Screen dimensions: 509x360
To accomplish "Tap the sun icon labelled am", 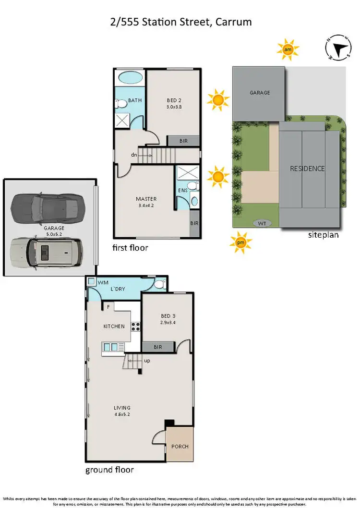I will click(x=288, y=49).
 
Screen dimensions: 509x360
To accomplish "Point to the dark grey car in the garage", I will click(x=45, y=206).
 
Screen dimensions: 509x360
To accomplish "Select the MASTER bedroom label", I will click(x=146, y=199).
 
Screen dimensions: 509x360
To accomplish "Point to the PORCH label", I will click(x=180, y=446).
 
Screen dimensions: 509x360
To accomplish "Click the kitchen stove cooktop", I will click(x=136, y=327).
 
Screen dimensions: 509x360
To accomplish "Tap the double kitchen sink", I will click(x=111, y=347).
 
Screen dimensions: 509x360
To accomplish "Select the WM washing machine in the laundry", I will click(x=91, y=281).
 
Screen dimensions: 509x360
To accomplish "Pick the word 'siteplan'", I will click(x=324, y=235).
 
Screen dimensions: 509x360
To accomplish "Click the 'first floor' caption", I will click(x=130, y=248).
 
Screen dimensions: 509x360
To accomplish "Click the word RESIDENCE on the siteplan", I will click(x=307, y=169).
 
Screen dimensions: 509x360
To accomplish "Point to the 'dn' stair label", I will click(x=134, y=155).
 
